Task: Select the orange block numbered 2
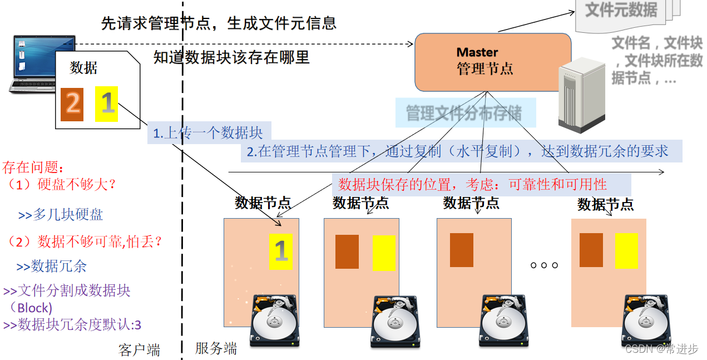(72, 103)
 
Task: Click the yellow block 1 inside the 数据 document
(106, 103)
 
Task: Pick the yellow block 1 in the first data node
(280, 251)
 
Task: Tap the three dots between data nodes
(544, 265)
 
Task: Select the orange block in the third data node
(461, 250)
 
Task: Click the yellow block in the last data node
(626, 250)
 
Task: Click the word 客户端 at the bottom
(139, 350)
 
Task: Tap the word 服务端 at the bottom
(216, 349)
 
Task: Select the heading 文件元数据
(621, 10)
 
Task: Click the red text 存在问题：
(33, 166)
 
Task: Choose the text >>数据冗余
(51, 267)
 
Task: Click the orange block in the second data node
(347, 252)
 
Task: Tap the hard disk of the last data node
(642, 323)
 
